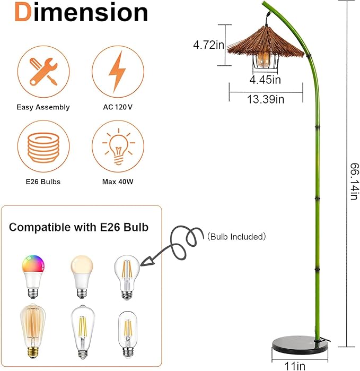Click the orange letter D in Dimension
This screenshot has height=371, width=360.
pos(23,13)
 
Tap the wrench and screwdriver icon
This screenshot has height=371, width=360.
pos(43,72)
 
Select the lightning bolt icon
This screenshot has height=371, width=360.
pos(117,72)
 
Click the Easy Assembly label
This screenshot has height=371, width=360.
pos(43,107)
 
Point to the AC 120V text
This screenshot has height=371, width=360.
pos(118,107)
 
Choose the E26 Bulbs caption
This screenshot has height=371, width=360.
pos(43,182)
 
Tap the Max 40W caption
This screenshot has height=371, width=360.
pos(118,182)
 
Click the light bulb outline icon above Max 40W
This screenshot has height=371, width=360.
pos(118,146)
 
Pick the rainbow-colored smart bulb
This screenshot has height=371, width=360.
pos(33,277)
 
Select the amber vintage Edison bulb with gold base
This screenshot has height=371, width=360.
pos(33,331)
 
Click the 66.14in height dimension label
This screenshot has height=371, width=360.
pos(355,182)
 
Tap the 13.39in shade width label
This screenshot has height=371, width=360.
pos(266,99)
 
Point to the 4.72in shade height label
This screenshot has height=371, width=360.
pos(208,45)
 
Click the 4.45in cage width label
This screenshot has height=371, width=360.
pos(265,80)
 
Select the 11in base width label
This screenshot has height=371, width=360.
pos(295,366)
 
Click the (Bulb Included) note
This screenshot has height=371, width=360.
pos(236,237)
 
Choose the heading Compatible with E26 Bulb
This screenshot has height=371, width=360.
pos(78,227)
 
